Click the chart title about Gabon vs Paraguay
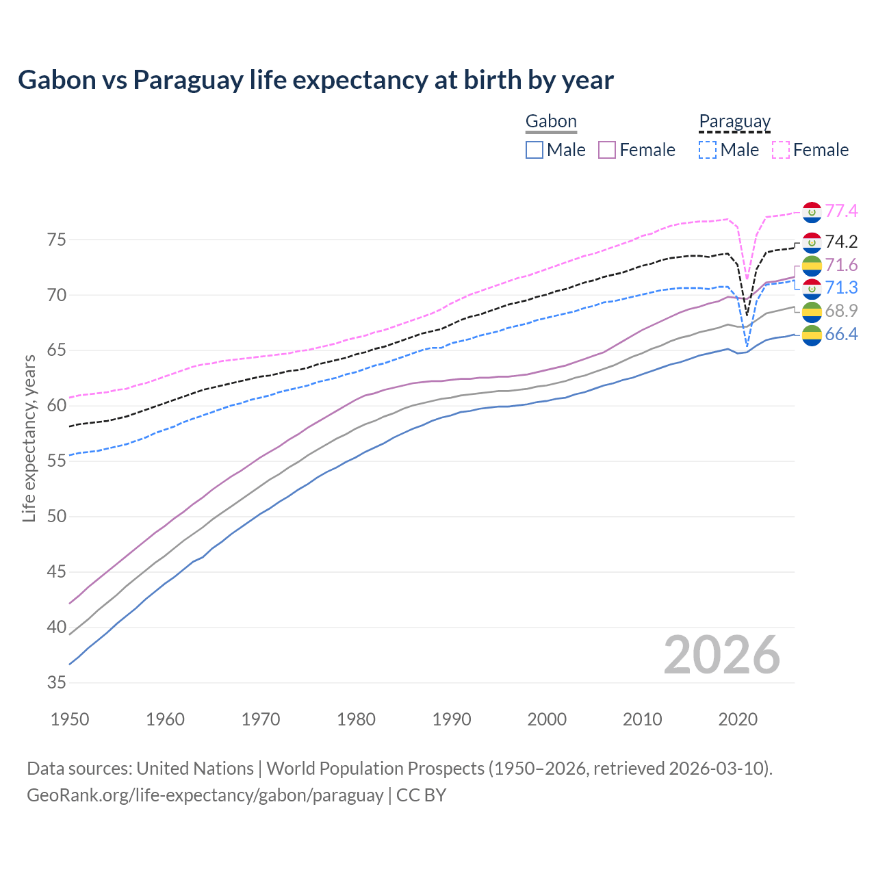(315, 80)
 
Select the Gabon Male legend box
(534, 150)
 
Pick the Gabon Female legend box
(608, 150)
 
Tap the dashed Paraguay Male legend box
(708, 150)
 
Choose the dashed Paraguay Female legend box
(781, 150)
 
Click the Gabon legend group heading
(551, 122)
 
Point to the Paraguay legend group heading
(734, 122)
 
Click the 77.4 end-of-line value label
(841, 211)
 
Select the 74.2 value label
(841, 242)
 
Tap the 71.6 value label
(841, 265)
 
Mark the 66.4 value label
(841, 334)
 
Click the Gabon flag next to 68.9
(812, 312)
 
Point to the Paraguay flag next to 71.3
(812, 288)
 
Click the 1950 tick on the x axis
(70, 719)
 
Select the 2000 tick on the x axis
(547, 719)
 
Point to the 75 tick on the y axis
(57, 240)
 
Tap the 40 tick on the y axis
(57, 627)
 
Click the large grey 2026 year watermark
(721, 656)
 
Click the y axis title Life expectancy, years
(29, 438)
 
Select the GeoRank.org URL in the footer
(205, 795)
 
